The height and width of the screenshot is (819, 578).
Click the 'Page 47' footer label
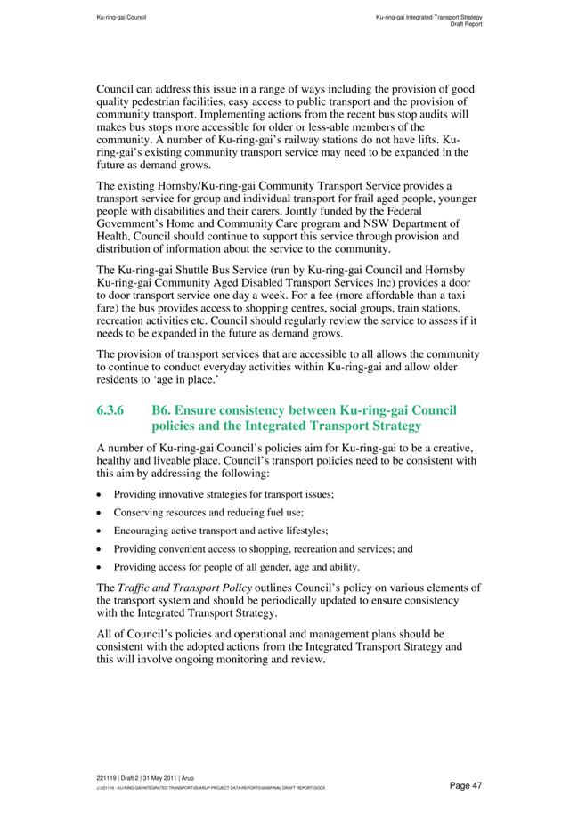click(466, 785)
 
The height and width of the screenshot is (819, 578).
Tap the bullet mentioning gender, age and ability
click(236, 567)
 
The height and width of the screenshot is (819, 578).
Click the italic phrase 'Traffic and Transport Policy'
click(185, 588)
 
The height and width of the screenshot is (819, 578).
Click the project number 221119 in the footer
click(108, 778)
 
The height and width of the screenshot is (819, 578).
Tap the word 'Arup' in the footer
click(188, 778)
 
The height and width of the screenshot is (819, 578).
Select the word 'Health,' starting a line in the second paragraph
click(114, 236)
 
